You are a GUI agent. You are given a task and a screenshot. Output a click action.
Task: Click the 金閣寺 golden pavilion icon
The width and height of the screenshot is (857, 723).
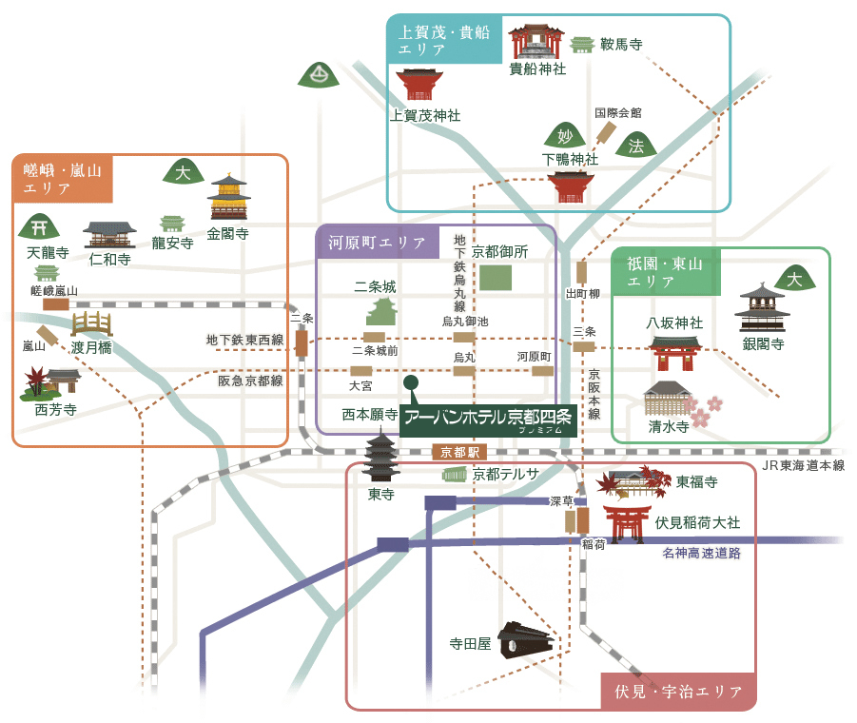[x=228, y=198]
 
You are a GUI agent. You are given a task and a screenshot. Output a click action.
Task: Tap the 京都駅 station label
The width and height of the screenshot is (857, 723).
[x=458, y=452]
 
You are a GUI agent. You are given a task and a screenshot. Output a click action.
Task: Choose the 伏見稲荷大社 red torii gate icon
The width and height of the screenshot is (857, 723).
[x=627, y=523]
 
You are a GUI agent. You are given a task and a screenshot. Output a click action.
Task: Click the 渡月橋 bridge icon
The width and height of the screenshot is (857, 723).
[x=91, y=323]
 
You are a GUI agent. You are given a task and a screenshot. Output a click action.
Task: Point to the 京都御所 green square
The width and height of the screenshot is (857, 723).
[x=495, y=278]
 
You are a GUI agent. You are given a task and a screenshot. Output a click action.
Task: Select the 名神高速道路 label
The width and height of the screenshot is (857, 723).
[x=702, y=553]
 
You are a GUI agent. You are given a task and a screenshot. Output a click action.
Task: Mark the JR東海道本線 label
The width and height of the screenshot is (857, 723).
[x=804, y=466]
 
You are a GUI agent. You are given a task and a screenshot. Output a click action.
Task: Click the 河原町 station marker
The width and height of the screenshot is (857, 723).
[x=542, y=371]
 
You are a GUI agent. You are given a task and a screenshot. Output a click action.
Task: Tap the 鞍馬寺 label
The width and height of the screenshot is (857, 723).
[x=621, y=44]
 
